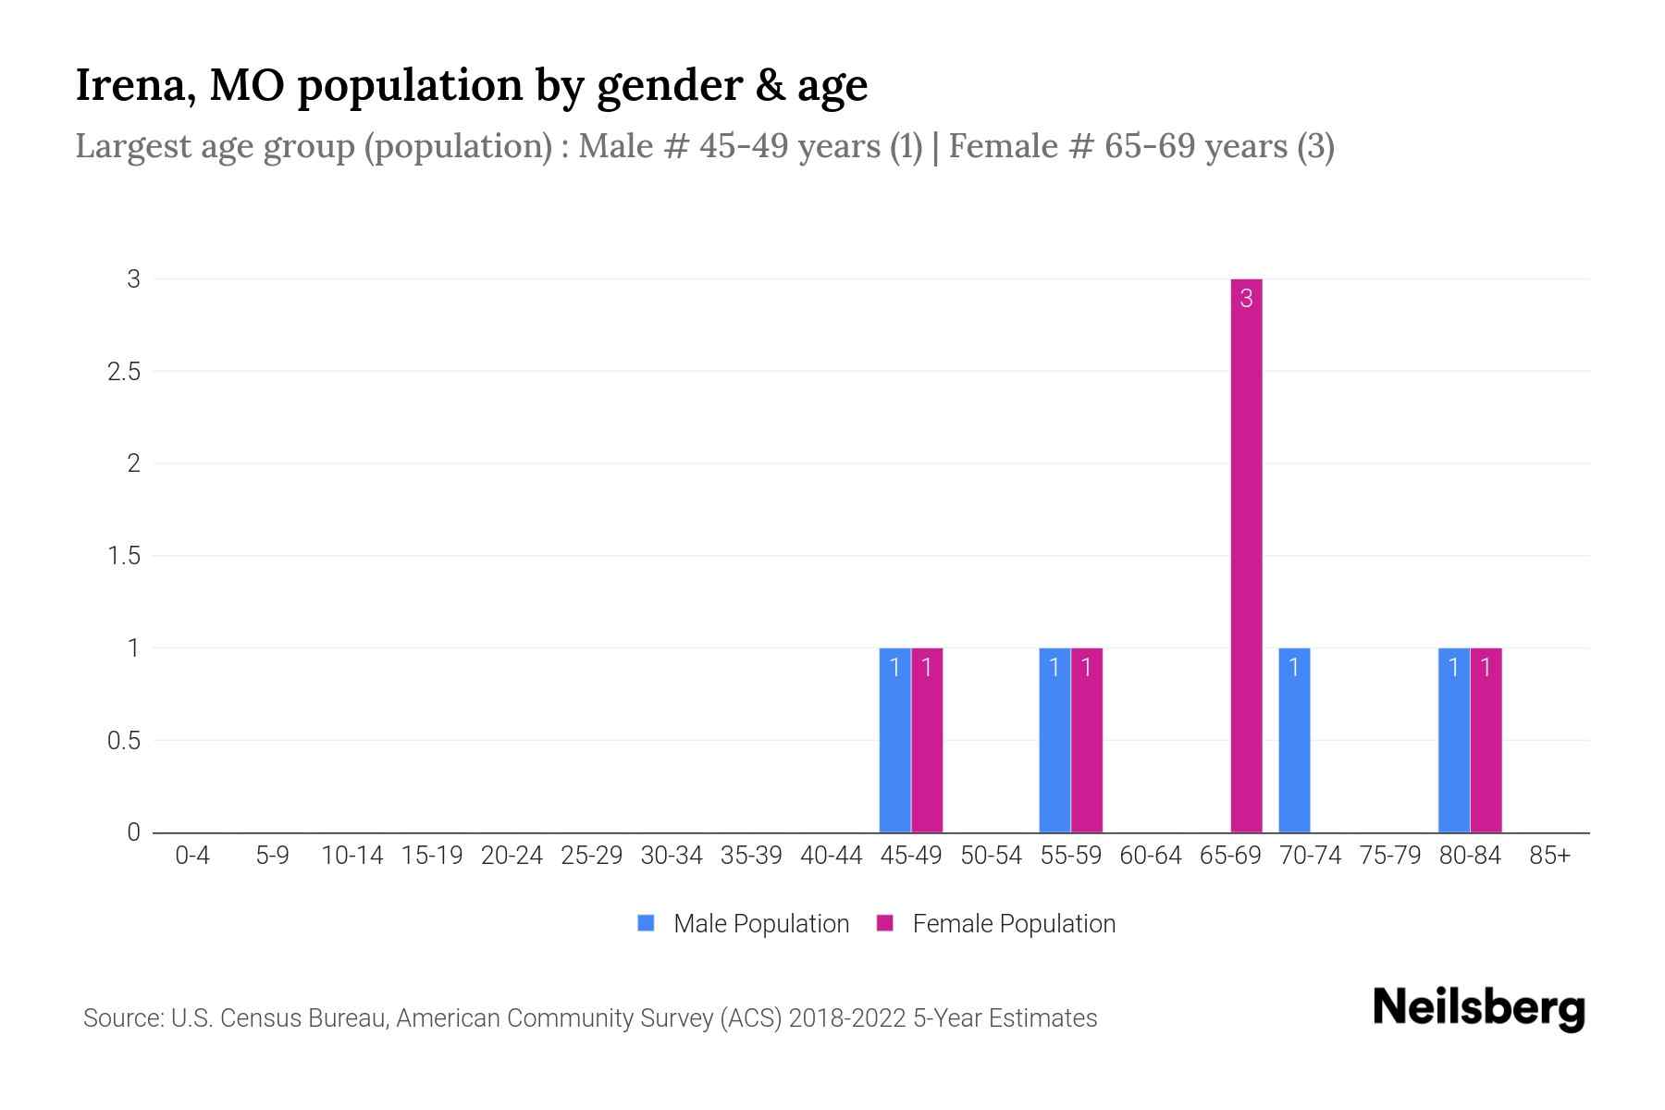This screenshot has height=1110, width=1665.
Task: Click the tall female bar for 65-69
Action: (1246, 555)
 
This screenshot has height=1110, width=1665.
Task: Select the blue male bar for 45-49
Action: (894, 740)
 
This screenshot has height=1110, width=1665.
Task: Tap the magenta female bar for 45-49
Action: (927, 740)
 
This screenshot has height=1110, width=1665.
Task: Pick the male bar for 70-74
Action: (1294, 740)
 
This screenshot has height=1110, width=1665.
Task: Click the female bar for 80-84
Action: (1486, 740)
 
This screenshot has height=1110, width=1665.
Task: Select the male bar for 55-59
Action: (1054, 740)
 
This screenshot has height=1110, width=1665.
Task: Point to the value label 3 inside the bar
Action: (1246, 299)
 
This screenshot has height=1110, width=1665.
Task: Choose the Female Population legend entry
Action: (996, 923)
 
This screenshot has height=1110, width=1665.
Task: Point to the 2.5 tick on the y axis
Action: (123, 372)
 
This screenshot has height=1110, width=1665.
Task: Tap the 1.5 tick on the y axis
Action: (123, 556)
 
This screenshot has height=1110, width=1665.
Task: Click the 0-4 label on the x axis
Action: (192, 856)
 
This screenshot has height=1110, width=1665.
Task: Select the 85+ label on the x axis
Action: (1549, 856)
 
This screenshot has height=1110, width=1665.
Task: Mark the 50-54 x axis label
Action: (991, 856)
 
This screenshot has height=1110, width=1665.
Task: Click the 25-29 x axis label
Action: (591, 856)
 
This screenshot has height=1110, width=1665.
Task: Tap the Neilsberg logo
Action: (1478, 1008)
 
